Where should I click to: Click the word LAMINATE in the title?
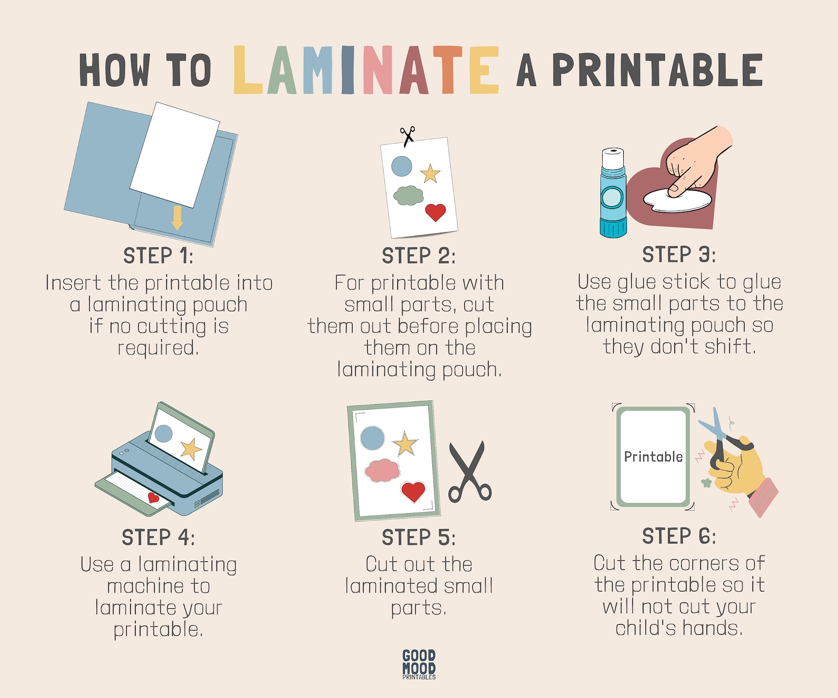click(x=366, y=70)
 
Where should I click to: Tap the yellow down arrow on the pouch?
click(x=177, y=217)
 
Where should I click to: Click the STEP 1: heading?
click(x=158, y=256)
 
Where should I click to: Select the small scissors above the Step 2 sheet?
click(x=407, y=136)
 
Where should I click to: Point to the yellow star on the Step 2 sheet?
click(x=431, y=173)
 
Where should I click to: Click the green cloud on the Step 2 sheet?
click(x=408, y=195)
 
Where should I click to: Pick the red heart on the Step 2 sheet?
click(x=435, y=212)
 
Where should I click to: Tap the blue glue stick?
click(x=613, y=200)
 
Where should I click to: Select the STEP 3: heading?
click(x=679, y=255)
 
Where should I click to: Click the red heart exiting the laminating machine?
click(x=154, y=497)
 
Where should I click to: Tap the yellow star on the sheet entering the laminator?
click(x=191, y=449)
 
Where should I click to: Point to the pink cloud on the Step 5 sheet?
click(x=383, y=470)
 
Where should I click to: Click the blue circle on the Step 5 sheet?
click(x=373, y=438)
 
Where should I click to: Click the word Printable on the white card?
click(x=653, y=457)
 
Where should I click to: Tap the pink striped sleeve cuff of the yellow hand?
click(x=763, y=497)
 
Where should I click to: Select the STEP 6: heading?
click(x=679, y=537)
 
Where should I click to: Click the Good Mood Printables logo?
click(x=419, y=664)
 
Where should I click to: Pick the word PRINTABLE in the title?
click(x=657, y=70)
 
